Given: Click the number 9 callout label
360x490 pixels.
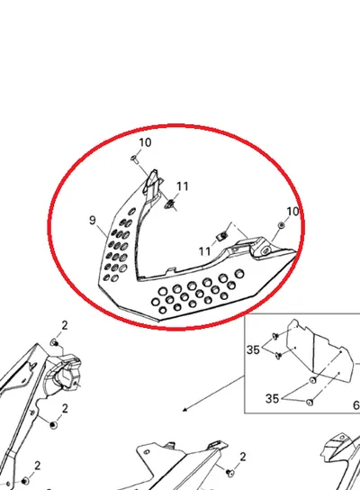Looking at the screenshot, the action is (x=92, y=221).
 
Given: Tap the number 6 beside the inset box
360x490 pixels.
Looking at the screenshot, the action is (x=356, y=405).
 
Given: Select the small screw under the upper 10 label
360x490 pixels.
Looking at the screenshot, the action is (x=135, y=159).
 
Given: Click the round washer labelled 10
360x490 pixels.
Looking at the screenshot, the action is (x=282, y=225).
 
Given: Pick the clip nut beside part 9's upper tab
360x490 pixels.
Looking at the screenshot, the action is (x=170, y=204).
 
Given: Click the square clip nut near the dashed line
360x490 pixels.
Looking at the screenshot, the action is (x=222, y=236).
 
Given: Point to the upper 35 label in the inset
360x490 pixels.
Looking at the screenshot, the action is (x=253, y=349).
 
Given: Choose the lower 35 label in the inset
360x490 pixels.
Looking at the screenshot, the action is (x=272, y=398).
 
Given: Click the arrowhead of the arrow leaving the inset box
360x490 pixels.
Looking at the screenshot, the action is (x=184, y=409).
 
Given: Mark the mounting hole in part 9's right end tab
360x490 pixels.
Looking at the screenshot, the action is (x=266, y=250).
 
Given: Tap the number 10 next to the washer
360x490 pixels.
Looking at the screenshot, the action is (x=292, y=212).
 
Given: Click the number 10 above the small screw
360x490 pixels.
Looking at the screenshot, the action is (x=145, y=142).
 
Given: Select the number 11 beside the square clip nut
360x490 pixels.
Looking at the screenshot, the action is (x=205, y=251).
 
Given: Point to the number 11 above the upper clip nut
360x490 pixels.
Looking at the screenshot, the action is (x=183, y=186).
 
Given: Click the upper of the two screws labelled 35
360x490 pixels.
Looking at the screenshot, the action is (x=275, y=336).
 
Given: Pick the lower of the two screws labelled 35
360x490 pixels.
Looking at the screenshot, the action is (x=278, y=355).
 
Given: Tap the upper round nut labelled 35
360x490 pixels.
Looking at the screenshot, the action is (x=312, y=380).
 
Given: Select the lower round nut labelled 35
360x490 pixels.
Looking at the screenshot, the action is (x=310, y=403).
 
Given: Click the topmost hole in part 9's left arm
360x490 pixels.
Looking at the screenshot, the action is (x=132, y=212).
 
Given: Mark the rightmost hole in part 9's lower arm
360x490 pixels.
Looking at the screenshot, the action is (x=239, y=274).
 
